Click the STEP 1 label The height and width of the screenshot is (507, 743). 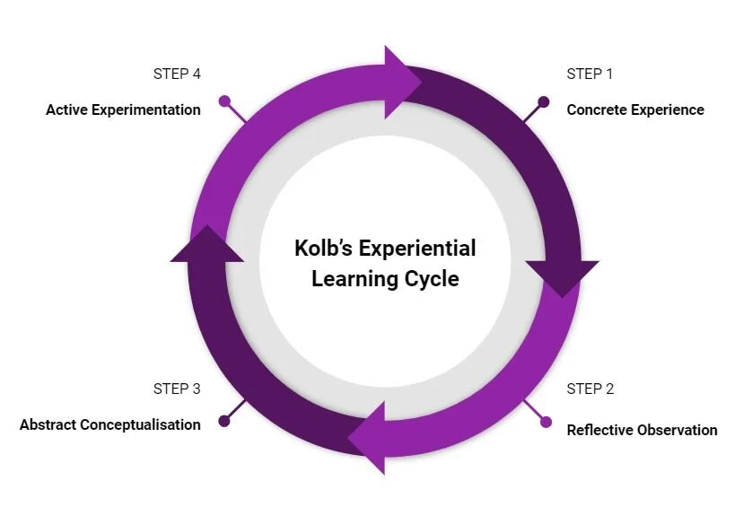coord(590,74)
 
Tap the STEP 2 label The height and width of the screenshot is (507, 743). coord(590,389)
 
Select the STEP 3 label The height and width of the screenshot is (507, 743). coord(177,389)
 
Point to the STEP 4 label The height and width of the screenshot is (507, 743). coord(177,74)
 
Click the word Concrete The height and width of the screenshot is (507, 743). coord(596,109)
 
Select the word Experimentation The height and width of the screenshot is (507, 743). coord(146,109)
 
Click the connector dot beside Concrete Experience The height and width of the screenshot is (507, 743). coord(544,101)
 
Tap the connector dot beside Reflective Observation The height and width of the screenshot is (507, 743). coord(546,422)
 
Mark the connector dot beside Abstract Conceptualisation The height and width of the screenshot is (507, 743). coord(224,420)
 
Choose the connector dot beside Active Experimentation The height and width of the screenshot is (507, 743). coord(224,101)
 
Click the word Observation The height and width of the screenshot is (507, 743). coord(677,430)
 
